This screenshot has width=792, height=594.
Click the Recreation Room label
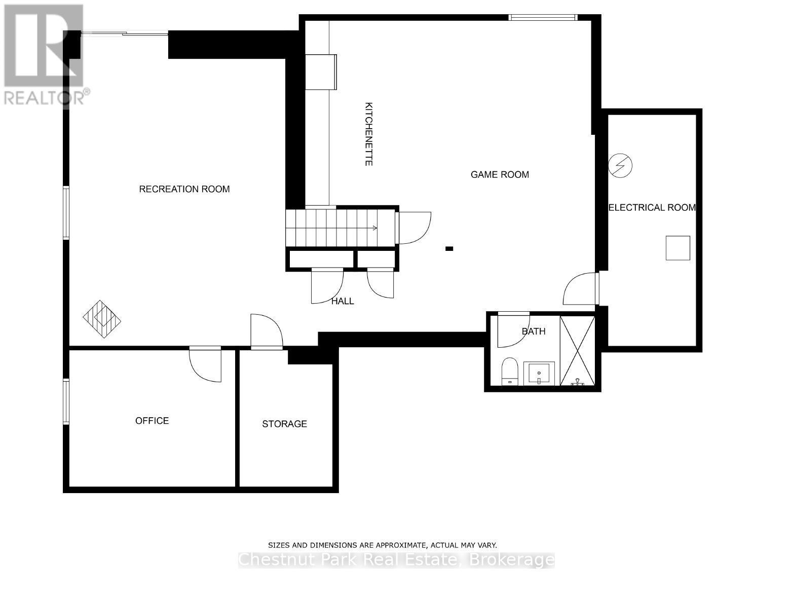pyautogui.click(x=184, y=189)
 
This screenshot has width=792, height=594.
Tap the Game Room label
pyautogui.click(x=500, y=174)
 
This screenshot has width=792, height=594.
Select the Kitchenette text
pyautogui.click(x=369, y=134)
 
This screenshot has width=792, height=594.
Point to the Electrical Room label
pyautogui.click(x=652, y=207)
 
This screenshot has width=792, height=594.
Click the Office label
pyautogui.click(x=152, y=421)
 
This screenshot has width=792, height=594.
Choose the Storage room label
pyautogui.click(x=284, y=424)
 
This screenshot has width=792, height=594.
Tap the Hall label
pyautogui.click(x=343, y=301)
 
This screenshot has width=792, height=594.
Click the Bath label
pyautogui.click(x=534, y=331)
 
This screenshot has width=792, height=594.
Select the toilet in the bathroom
pyautogui.click(x=509, y=371)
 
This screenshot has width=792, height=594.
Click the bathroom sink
pyautogui.click(x=539, y=374)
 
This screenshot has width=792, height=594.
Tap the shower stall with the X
pyautogui.click(x=577, y=350)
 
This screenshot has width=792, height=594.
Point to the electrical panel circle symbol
pyautogui.click(x=621, y=165)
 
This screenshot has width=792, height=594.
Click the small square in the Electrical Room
pyautogui.click(x=677, y=248)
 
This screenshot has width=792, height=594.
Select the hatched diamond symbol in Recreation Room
pyautogui.click(x=102, y=319)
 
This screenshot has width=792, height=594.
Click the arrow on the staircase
pyautogui.click(x=374, y=228)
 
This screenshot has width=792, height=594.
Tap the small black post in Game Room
pyautogui.click(x=449, y=248)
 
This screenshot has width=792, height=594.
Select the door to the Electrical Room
pyautogui.click(x=581, y=288)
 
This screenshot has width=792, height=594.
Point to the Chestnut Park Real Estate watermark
pyautogui.click(x=396, y=560)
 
